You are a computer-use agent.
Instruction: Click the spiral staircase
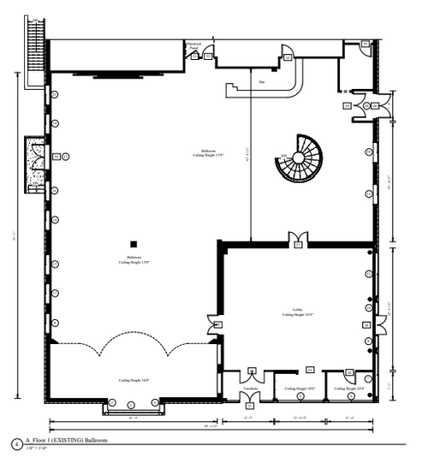pyautogui.click(x=300, y=159)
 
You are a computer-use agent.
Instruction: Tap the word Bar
pyautogui.click(x=261, y=82)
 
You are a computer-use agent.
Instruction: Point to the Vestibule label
pyautogui.click(x=250, y=388)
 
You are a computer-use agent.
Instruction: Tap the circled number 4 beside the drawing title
pyautogui.click(x=16, y=443)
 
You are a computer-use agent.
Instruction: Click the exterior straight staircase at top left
pyautogui.click(x=34, y=51)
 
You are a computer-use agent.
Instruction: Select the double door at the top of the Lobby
pyautogui.click(x=298, y=237)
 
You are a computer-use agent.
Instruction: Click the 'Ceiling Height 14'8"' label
pyautogui.click(x=134, y=379)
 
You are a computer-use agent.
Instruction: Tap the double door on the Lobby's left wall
pyautogui.click(x=214, y=324)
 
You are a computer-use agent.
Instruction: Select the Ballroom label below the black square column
pyautogui.click(x=134, y=259)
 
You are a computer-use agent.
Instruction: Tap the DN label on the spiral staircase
pyautogui.click(x=283, y=156)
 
